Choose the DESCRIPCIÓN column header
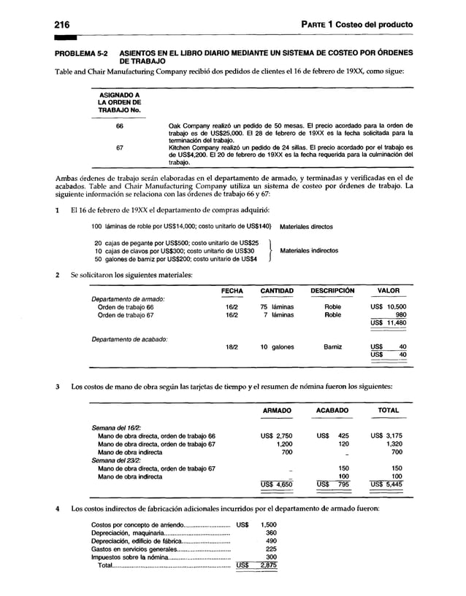tap(332, 290)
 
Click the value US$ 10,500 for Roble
tap(388, 307)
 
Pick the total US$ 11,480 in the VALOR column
tap(388, 323)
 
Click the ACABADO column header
tap(333, 411)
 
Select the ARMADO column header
tap(277, 411)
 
